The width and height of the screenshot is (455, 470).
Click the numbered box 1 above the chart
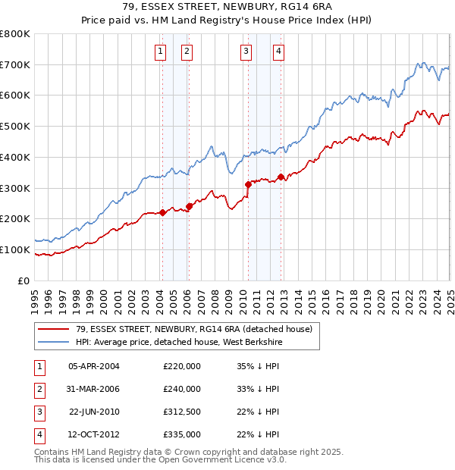[162, 52]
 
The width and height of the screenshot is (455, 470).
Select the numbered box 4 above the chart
[279, 52]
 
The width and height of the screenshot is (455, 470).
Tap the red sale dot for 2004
[162, 212]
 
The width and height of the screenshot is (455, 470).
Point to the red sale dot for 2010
[248, 184]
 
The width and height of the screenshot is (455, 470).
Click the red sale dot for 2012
[281, 177]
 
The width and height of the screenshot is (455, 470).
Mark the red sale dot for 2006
[189, 206]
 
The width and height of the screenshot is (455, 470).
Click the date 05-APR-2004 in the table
[94, 366]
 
